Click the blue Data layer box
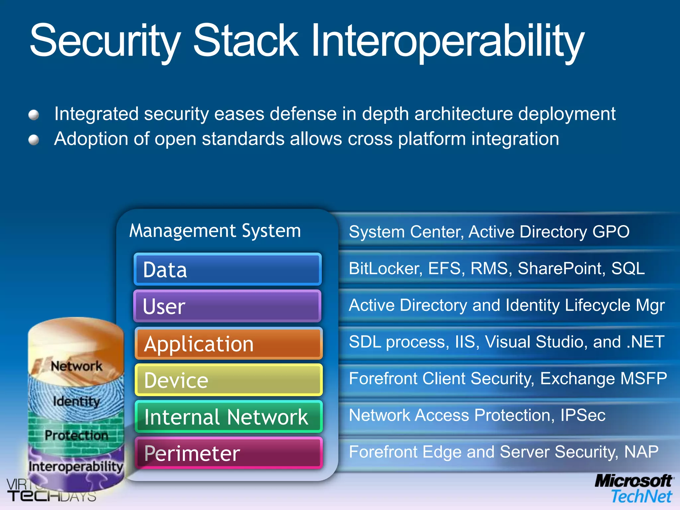tap(228, 269)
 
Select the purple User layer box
tap(227, 306)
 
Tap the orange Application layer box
tap(228, 343)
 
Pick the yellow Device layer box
tap(228, 380)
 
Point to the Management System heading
tap(215, 231)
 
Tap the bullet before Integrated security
tap(34, 115)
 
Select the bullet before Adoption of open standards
tap(34, 140)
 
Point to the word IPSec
tap(583, 415)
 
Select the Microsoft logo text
tap(634, 481)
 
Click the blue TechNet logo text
tap(641, 497)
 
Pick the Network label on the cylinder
tap(77, 366)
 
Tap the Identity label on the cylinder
tap(76, 401)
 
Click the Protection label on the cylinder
tap(76, 435)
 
